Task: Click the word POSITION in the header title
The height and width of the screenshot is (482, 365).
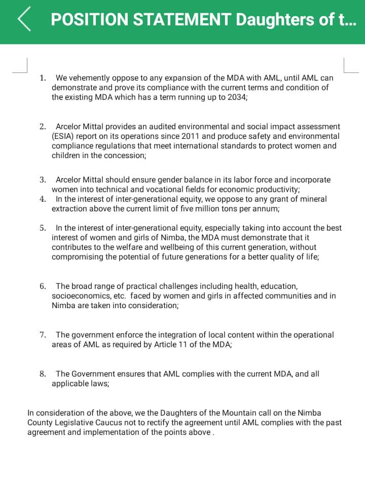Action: point(89,20)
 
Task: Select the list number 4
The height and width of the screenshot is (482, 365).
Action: point(43,199)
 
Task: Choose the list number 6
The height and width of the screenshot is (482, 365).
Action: point(43,286)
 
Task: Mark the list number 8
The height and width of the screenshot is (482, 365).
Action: point(43,374)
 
